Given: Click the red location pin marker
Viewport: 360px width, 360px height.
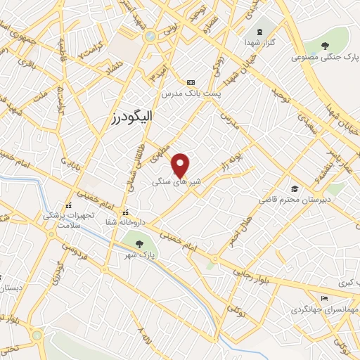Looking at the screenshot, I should pyautogui.click(x=181, y=163).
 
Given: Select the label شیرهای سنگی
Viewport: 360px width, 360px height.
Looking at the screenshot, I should pyautogui.click(x=176, y=181).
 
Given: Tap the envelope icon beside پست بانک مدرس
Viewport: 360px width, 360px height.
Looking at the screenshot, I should pyautogui.click(x=189, y=82).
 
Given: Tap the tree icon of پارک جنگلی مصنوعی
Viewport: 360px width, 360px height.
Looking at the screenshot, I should pyautogui.click(x=324, y=46).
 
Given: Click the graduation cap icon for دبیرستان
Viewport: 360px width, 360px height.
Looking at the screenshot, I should pyautogui.click(x=295, y=188).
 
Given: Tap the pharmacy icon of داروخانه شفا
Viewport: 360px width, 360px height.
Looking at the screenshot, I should pyautogui.click(x=125, y=212).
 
